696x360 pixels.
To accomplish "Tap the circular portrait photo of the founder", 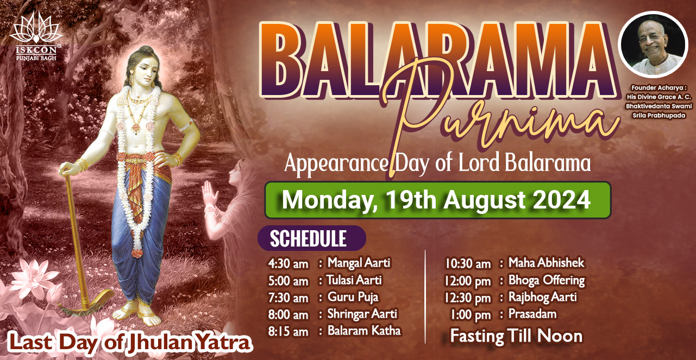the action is pos(653,45).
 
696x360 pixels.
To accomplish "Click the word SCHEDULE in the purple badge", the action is pos(308,238).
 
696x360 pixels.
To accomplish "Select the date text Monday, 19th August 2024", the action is pos(436,200).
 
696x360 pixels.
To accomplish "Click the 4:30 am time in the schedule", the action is pos(289,264).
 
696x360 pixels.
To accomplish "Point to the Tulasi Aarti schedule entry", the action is pos(354,280).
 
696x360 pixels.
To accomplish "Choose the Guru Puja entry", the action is pos(353,298).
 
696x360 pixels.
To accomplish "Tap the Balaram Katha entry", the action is pos(364,331).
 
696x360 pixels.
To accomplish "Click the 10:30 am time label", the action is pos(468,264).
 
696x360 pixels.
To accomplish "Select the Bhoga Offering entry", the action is pos(547,281).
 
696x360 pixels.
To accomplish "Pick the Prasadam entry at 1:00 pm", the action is pos(532,314).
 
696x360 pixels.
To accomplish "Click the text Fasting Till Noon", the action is pos(516,336).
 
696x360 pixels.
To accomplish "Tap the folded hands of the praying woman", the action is pos(209,194).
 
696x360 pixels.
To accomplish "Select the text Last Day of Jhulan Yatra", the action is pos(130,343).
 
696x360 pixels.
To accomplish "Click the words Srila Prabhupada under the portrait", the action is pos(659,116).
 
